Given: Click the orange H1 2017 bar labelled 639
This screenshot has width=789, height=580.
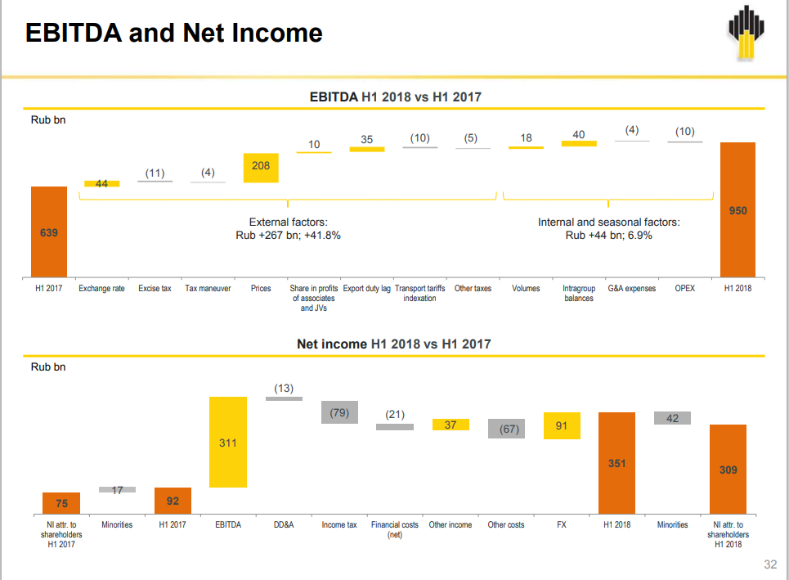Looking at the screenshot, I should tap(49, 232).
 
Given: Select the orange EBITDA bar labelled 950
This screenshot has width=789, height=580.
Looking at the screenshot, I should tap(737, 210).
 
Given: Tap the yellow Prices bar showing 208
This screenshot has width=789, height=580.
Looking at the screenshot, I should tap(261, 168).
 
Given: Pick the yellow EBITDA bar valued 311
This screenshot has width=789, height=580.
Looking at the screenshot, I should tap(228, 442).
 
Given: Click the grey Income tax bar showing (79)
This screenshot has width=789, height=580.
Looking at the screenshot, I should tap(339, 412).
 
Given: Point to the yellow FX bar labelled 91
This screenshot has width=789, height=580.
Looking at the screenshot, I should tap(562, 425).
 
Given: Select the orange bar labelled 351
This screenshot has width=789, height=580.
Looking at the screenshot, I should tap(616, 462).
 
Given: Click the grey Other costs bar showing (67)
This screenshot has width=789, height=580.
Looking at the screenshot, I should tap(506, 429).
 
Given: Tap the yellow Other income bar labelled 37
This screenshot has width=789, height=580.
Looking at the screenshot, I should tap(451, 425).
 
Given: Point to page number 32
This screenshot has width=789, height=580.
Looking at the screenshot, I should tap(769, 564).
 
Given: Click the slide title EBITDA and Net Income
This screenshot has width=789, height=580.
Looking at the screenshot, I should tap(174, 33).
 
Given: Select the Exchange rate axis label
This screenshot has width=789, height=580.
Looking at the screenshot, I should tap(101, 289).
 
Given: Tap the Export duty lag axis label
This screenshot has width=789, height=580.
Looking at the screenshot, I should tap(366, 289).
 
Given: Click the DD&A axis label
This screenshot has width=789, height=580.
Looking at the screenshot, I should tap(284, 524).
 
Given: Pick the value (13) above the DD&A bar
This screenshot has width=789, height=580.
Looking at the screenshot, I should tap(284, 388).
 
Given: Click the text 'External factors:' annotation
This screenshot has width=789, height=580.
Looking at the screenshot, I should tap(288, 223).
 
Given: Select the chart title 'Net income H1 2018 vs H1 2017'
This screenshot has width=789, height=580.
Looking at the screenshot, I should tap(394, 344).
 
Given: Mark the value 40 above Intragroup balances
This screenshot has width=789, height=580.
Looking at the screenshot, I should tap(579, 134).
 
